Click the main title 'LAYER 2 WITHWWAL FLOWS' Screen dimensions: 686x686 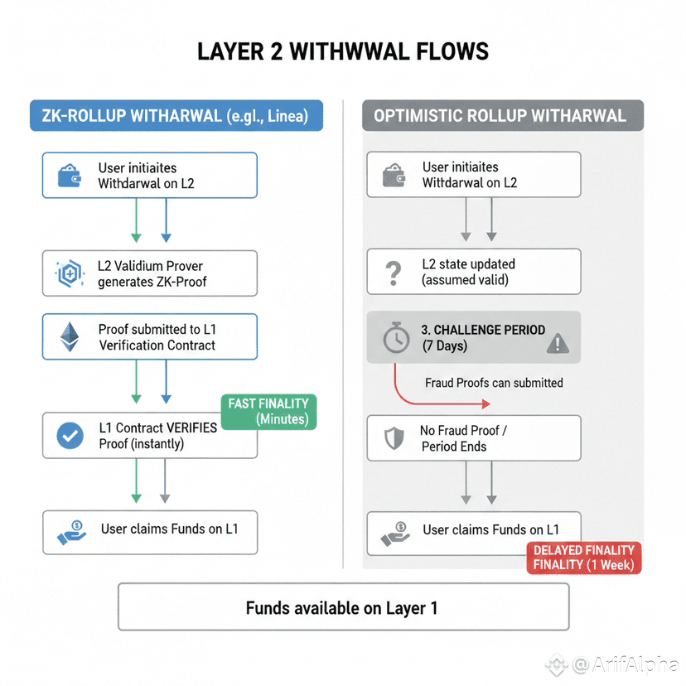[343, 51]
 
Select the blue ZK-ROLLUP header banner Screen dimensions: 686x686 [176, 116]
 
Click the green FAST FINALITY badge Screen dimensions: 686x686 [268, 411]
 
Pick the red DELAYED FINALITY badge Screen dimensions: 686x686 [583, 558]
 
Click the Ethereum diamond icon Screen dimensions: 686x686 [69, 337]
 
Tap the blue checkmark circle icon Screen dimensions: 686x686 [70, 436]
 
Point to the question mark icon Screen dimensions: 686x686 [394, 272]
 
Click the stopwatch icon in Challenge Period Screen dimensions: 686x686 [394, 337]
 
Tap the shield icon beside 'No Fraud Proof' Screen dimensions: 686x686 [394, 437]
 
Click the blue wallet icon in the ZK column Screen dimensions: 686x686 [69, 175]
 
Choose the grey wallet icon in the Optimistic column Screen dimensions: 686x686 [393, 175]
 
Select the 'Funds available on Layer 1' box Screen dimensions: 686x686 [343, 607]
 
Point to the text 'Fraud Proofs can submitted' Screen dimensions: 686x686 [494, 383]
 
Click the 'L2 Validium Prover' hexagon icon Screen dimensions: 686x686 [69, 274]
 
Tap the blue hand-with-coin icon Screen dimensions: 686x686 [71, 531]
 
